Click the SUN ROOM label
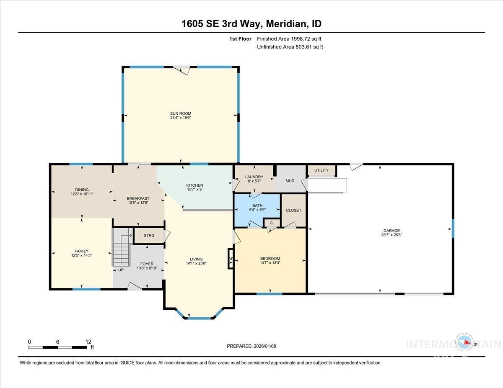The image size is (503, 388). pyautogui.click(x=181, y=113)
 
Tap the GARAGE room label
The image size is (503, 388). pyautogui.click(x=392, y=230)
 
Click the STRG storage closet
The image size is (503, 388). pyautogui.click(x=149, y=235)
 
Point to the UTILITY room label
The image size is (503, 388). pyautogui.click(x=322, y=170)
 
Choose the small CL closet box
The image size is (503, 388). pyautogui.click(x=272, y=223)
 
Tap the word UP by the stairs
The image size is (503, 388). pyautogui.click(x=121, y=270)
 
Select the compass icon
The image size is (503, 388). pyautogui.click(x=465, y=343)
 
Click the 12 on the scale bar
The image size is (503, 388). pyautogui.click(x=88, y=342)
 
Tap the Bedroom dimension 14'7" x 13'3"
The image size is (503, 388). pyautogui.click(x=270, y=263)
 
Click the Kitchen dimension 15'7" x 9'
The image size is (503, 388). pyautogui.click(x=194, y=190)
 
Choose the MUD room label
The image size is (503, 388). pyautogui.click(x=290, y=181)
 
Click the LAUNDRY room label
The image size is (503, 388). pyautogui.click(x=254, y=177)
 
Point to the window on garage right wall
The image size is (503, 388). pyautogui.click(x=453, y=229)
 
